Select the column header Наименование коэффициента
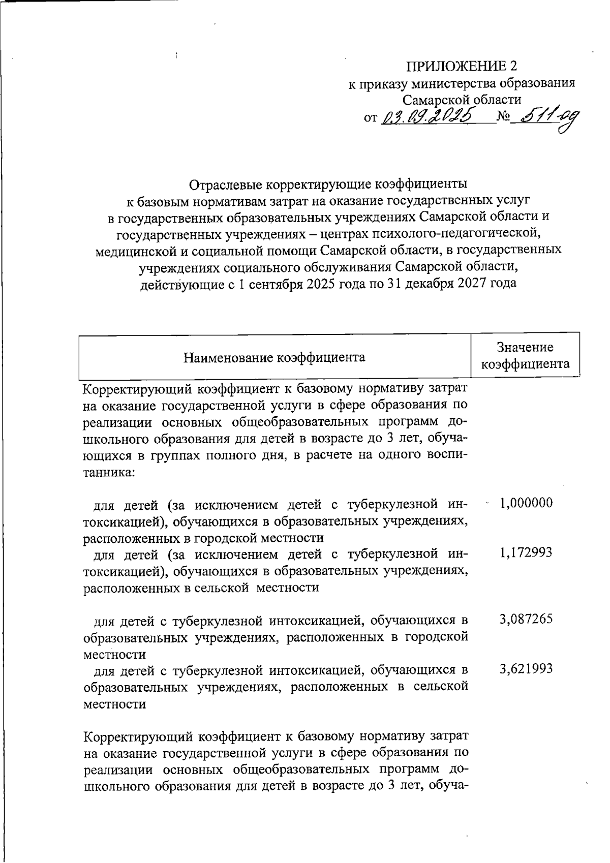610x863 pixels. tap(274, 357)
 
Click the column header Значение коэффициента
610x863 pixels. tap(525, 355)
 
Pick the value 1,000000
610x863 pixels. tap(526, 503)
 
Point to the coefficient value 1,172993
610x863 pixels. tap(526, 553)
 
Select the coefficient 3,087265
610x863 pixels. tap(526, 619)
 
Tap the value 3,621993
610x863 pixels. tap(526, 669)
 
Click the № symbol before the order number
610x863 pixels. tap(503, 117)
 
